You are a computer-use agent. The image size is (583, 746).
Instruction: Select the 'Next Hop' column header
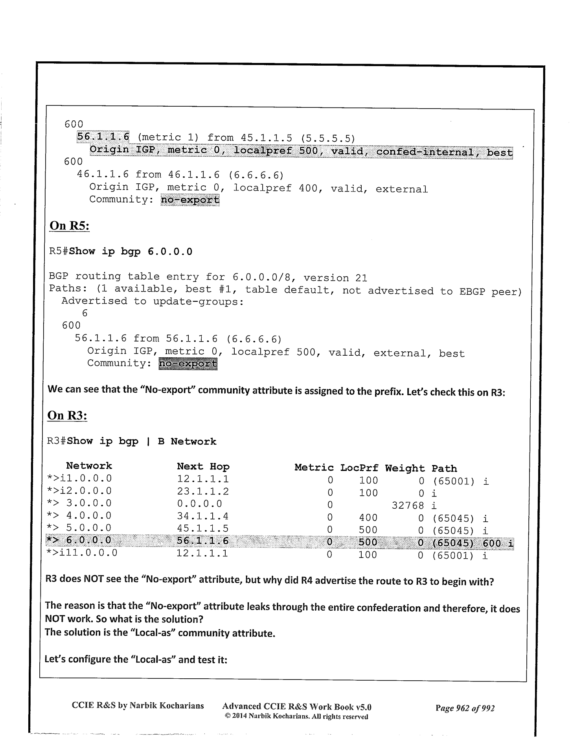click(x=203, y=467)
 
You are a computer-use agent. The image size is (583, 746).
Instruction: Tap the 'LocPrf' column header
click(x=359, y=468)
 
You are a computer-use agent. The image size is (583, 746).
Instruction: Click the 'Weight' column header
click(x=405, y=468)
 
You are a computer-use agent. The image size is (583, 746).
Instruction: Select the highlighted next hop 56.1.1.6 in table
click(x=202, y=541)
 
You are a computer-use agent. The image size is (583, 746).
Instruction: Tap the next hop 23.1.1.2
click(x=202, y=491)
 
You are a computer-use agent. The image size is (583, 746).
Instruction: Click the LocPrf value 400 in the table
click(x=368, y=518)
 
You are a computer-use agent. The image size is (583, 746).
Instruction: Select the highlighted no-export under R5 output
click(x=188, y=364)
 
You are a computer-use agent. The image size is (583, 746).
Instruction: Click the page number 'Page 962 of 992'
click(x=465, y=708)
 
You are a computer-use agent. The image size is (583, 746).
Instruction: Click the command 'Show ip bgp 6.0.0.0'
click(x=131, y=252)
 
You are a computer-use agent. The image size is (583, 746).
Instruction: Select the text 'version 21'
click(x=335, y=278)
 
